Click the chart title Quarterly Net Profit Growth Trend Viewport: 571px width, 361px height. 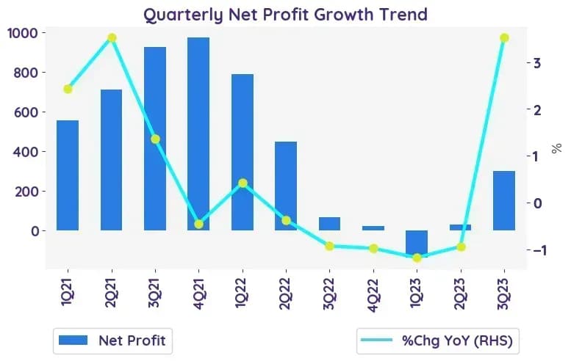pyautogui.click(x=285, y=15)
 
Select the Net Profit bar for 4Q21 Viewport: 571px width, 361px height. pyautogui.click(x=198, y=134)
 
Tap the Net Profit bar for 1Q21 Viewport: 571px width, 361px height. pyautogui.click(x=68, y=175)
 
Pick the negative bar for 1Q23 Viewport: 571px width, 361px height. pyautogui.click(x=417, y=244)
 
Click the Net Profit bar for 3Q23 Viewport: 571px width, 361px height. pyautogui.click(x=504, y=200)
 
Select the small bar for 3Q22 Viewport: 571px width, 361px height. pyautogui.click(x=329, y=224)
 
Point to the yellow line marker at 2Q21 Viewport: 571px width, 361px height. pyautogui.click(x=112, y=38)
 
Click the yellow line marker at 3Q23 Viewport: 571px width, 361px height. pyautogui.click(x=504, y=38)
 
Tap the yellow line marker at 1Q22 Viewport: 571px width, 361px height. pyautogui.click(x=243, y=183)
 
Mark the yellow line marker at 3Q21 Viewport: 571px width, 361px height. pyautogui.click(x=156, y=139)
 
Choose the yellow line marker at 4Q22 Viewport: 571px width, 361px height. pyautogui.click(x=373, y=249)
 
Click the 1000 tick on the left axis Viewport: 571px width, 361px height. pyautogui.click(x=23, y=33)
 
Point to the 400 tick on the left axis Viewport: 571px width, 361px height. pyautogui.click(x=25, y=152)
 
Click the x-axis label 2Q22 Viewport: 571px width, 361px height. pyautogui.click(x=285, y=293)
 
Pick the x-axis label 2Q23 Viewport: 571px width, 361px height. pyautogui.click(x=460, y=293)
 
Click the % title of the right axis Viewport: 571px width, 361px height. pyautogui.click(x=556, y=148)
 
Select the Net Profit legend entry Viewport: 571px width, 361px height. pyautogui.click(x=113, y=340)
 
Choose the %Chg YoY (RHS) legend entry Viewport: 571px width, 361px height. pyautogui.click(x=437, y=340)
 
